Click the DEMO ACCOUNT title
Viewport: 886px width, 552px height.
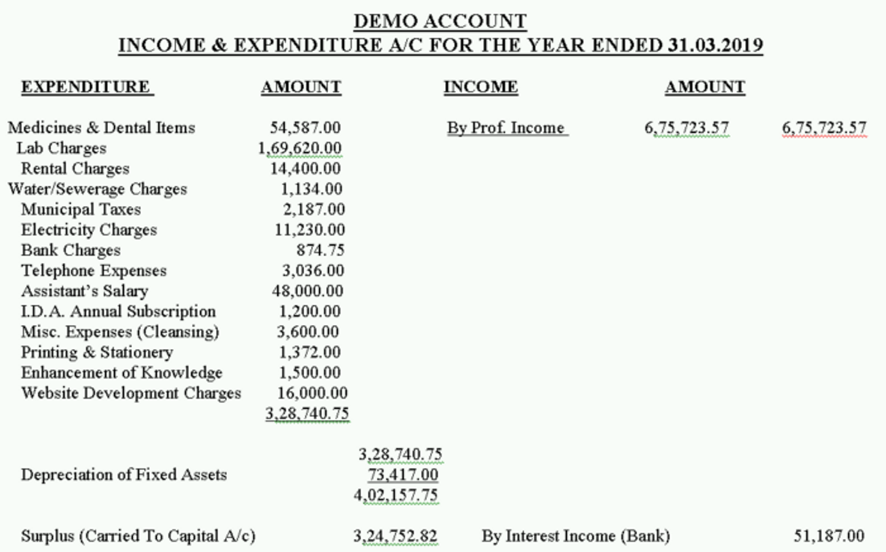[440, 21]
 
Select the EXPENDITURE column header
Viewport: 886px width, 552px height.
[86, 87]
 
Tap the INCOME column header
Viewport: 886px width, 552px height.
[480, 87]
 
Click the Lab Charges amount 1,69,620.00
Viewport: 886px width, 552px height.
[299, 148]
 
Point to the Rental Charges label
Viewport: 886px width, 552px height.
[75, 169]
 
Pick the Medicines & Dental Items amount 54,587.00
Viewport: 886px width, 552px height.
[305, 128]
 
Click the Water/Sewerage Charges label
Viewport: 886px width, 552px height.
[97, 189]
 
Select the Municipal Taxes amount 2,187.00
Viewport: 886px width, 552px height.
[313, 210]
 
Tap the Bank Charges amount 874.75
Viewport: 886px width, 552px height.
[320, 250]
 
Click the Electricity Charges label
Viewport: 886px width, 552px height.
[89, 230]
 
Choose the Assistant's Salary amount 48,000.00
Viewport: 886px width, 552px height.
[307, 291]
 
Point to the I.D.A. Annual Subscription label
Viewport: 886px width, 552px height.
[118, 312]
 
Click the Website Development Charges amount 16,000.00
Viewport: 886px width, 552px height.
[312, 393]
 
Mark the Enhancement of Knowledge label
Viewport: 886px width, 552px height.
[121, 373]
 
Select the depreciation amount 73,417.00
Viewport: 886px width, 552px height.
[403, 475]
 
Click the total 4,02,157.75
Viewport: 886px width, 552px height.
[395, 495]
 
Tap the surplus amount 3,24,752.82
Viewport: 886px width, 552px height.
[395, 536]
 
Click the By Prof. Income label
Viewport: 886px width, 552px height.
[506, 128]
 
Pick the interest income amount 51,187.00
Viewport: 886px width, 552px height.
[828, 536]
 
